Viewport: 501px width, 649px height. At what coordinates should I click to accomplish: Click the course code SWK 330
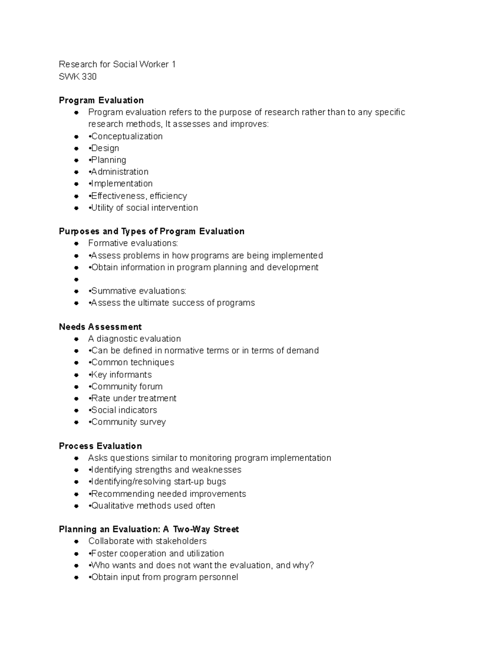[78, 76]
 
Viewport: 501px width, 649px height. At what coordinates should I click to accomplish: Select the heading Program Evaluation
[101, 100]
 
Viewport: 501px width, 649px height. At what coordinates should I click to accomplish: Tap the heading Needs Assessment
[100, 327]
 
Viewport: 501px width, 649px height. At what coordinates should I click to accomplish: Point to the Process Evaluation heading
[100, 446]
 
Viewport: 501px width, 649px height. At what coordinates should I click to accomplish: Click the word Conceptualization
[127, 136]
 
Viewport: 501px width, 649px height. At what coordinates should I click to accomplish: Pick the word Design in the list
[105, 148]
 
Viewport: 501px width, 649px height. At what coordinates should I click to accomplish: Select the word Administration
[120, 172]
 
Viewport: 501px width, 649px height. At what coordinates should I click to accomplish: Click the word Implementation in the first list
[122, 183]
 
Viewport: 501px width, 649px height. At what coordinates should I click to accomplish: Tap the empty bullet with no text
[76, 279]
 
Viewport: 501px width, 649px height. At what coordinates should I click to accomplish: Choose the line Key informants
[121, 374]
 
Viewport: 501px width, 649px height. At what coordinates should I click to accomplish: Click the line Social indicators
[124, 410]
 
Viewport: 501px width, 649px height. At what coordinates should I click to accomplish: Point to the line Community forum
[127, 387]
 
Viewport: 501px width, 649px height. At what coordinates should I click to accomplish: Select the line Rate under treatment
[134, 398]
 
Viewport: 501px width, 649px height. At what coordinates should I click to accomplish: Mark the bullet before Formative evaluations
[76, 243]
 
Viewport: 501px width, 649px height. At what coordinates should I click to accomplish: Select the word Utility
[102, 208]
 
